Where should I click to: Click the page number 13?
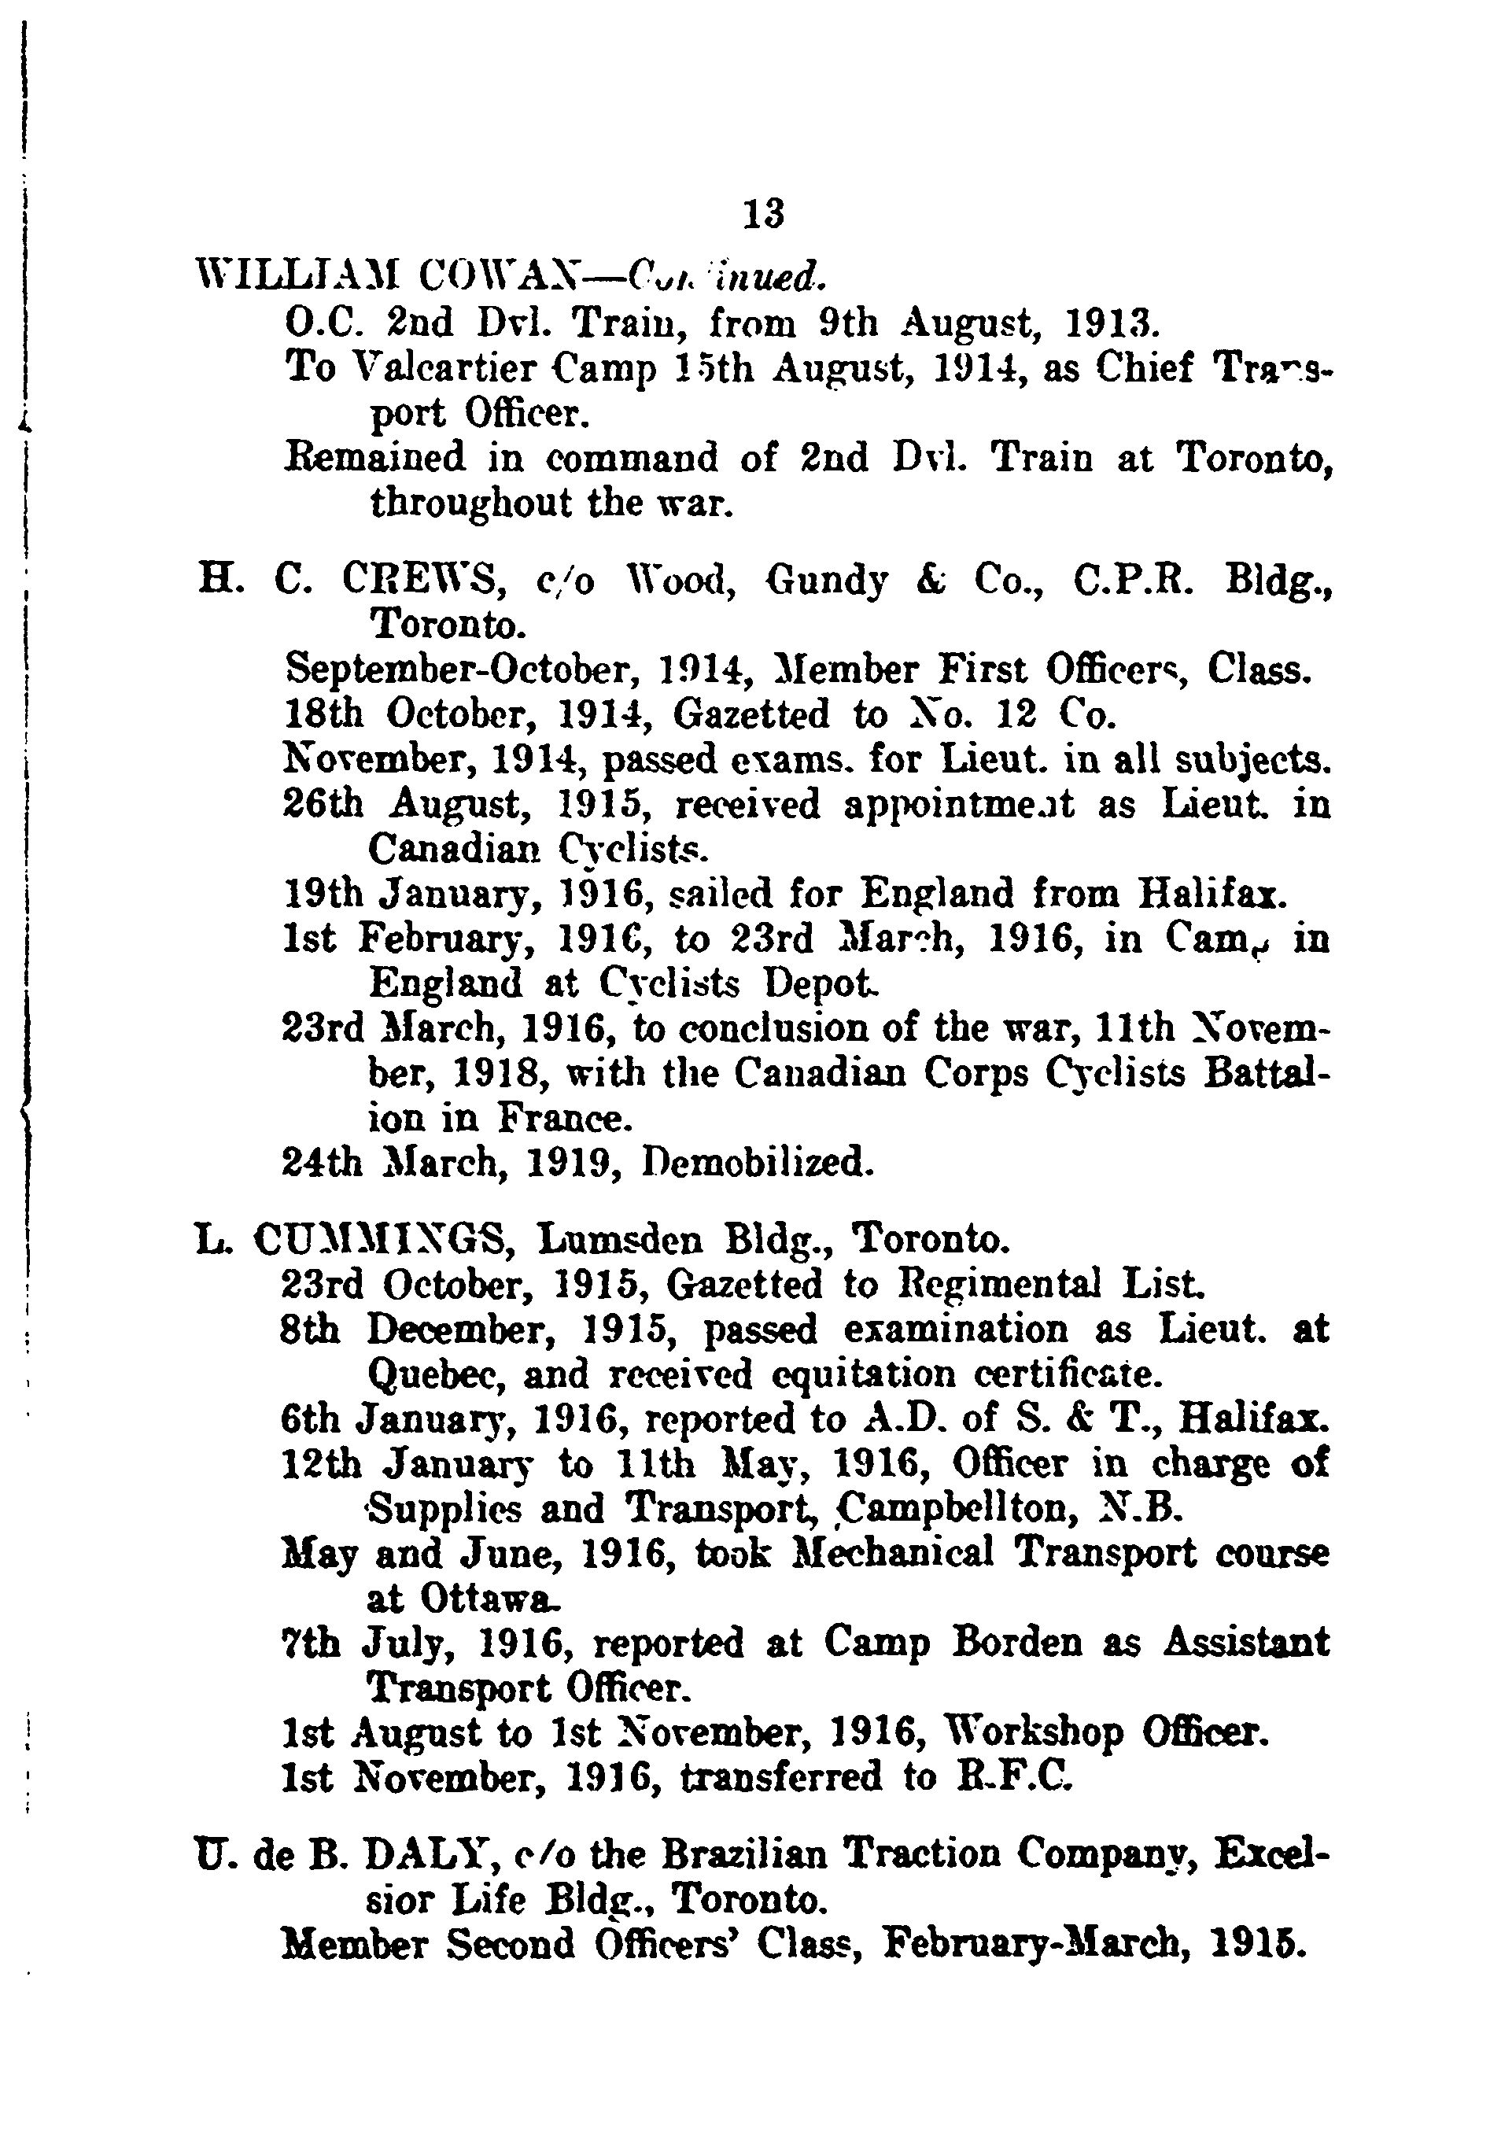click(764, 215)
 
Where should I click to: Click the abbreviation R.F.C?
click(1014, 1776)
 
